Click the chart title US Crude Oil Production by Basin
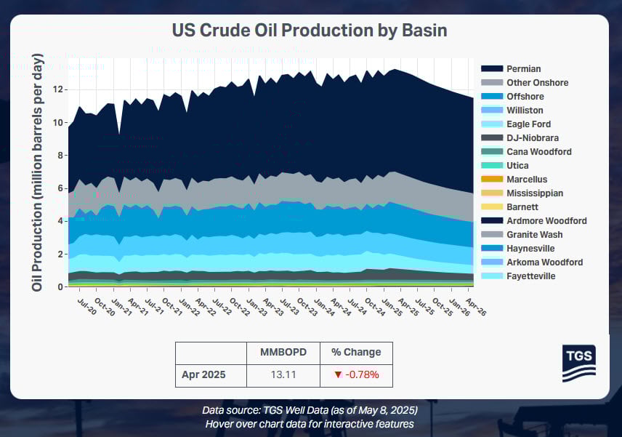click(309, 31)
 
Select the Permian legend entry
click(523, 69)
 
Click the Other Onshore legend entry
click(537, 83)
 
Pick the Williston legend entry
click(525, 111)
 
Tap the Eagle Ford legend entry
click(528, 124)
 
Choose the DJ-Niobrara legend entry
click(531, 138)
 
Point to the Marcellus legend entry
click(527, 180)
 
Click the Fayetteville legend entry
click(531, 276)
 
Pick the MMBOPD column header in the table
click(283, 353)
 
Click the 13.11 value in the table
click(283, 375)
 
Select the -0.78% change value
click(356, 375)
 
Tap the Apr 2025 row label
click(203, 375)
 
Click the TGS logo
click(578, 362)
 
